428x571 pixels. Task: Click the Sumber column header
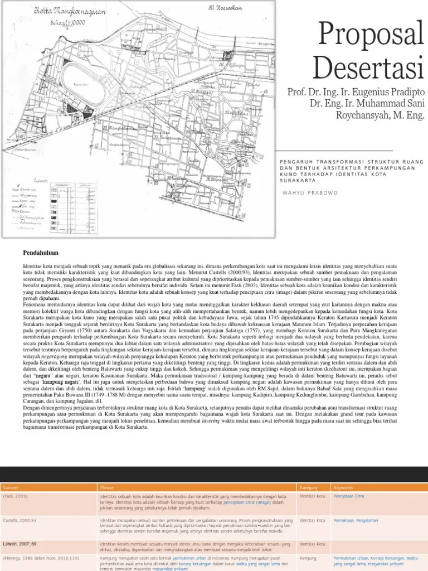click(x=11, y=487)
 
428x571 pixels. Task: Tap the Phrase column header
click(x=106, y=487)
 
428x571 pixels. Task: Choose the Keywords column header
click(x=343, y=487)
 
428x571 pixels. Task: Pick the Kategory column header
click(x=308, y=487)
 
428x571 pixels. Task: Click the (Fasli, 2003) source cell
click(x=16, y=496)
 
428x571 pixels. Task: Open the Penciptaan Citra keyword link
click(x=348, y=496)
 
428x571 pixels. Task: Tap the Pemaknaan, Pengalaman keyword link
click(x=356, y=520)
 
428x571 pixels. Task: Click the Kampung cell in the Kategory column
click(x=308, y=558)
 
